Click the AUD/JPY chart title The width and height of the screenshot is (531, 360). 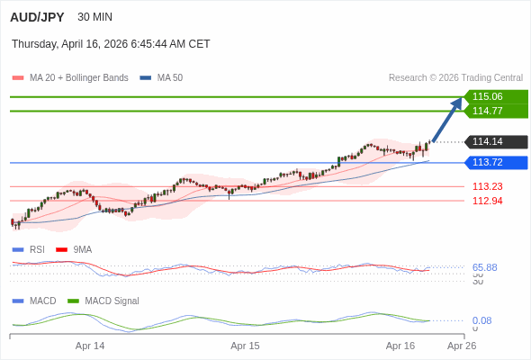tap(37, 17)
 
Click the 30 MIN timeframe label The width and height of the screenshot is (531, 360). tap(95, 17)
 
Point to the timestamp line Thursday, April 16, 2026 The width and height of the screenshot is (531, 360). tap(111, 44)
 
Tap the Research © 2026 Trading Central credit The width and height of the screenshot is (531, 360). tap(455, 78)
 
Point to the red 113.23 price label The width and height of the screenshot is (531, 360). tap(487, 186)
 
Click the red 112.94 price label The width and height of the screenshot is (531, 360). tap(487, 201)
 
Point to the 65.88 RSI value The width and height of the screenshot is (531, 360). tap(484, 267)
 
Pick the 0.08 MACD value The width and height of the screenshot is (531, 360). tap(481, 320)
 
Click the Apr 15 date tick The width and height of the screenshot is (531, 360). tap(245, 346)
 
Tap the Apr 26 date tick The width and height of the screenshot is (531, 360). tap(462, 346)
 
